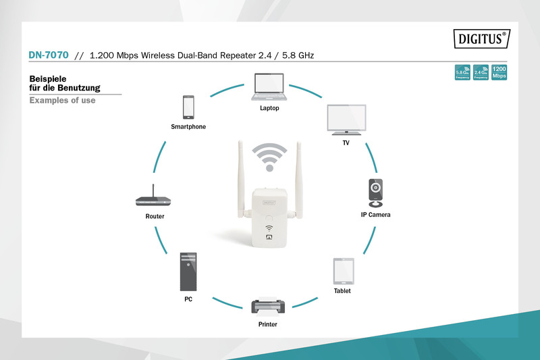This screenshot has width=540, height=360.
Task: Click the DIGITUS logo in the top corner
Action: pos(481,38)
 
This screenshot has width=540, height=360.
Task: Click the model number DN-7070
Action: pos(49,55)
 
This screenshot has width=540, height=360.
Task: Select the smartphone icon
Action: pos(188,107)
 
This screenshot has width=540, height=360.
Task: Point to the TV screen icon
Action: pos(346,120)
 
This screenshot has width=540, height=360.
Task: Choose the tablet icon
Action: pos(342,272)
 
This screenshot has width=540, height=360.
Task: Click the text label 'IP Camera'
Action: pos(375,215)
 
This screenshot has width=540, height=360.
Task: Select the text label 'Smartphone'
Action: pos(188,127)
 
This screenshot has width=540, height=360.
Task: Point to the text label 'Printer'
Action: pos(267,325)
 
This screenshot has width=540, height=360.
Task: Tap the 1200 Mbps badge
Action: pos(499,72)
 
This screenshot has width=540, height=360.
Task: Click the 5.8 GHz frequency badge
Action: pos(463,72)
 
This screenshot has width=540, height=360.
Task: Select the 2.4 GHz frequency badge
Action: pos(481,72)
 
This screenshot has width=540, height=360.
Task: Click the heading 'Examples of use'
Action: pos(62,101)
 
